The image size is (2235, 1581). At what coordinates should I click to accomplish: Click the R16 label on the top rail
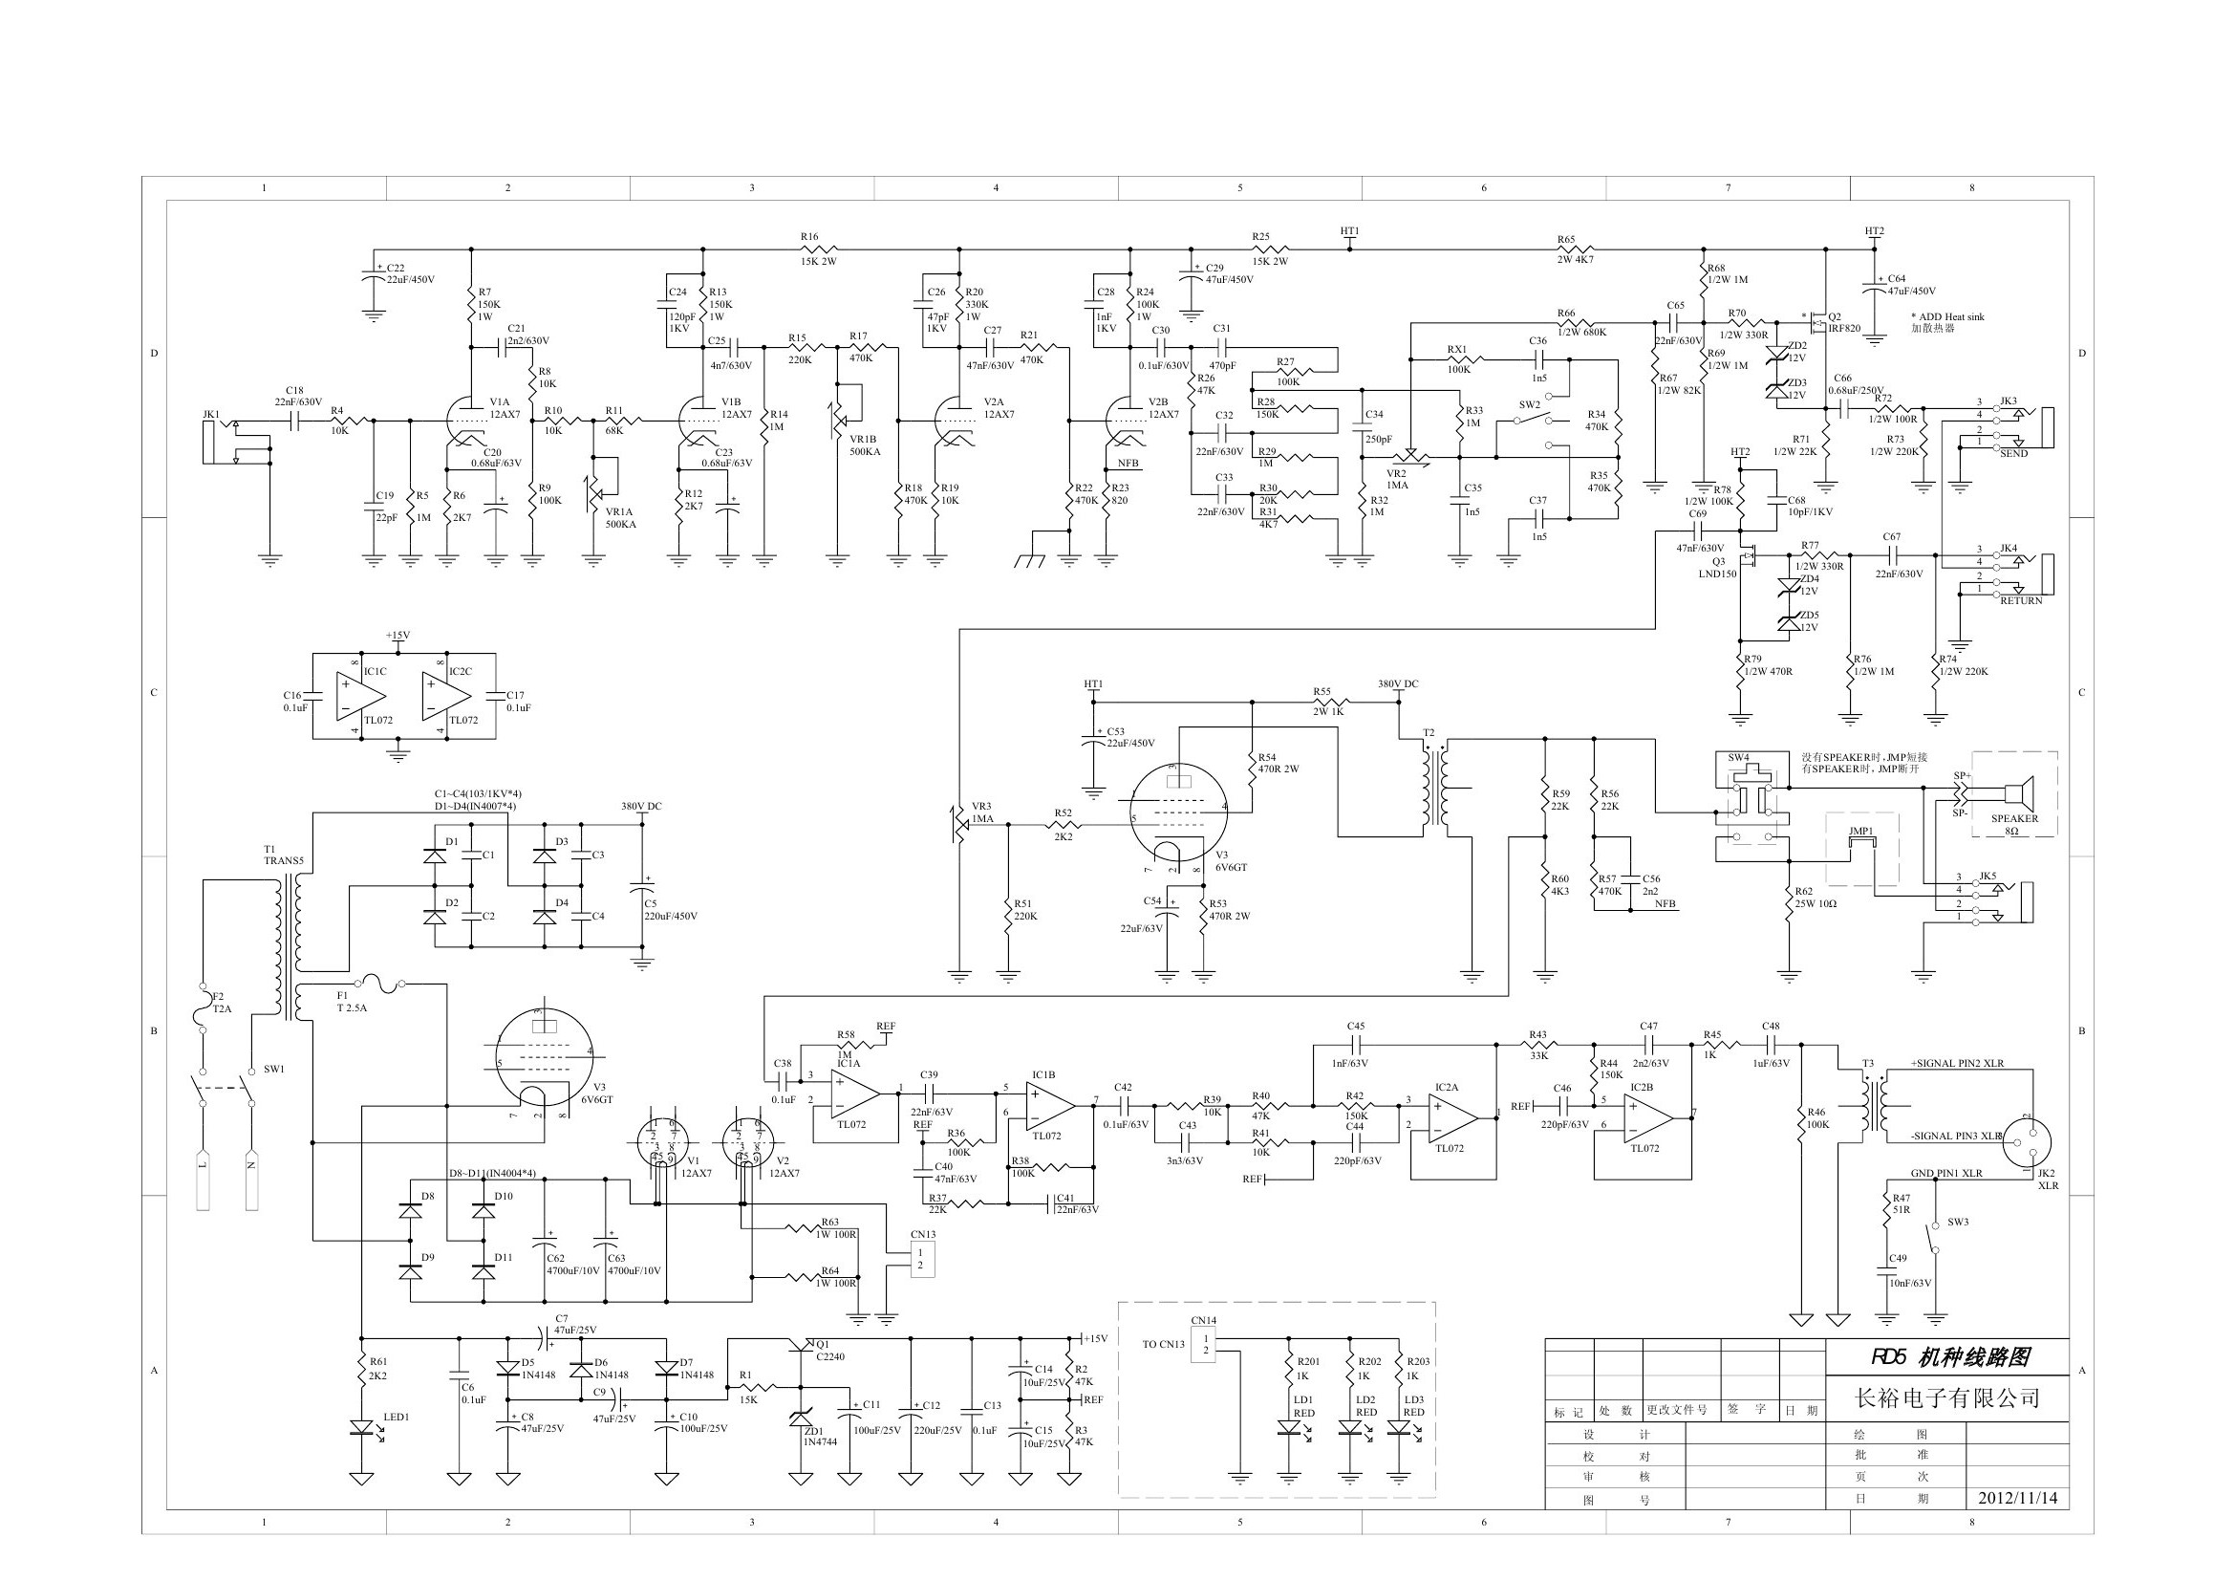tap(810, 236)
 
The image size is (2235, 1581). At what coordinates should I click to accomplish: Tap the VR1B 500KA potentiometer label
tap(864, 444)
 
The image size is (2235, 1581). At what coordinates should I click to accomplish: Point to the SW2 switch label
tap(1529, 404)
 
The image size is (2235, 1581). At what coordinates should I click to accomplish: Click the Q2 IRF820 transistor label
tap(1843, 322)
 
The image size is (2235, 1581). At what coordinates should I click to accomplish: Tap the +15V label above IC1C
tap(398, 636)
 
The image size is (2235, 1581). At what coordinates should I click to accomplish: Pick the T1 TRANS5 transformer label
tap(283, 855)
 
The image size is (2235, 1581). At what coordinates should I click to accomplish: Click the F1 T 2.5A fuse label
tap(352, 1002)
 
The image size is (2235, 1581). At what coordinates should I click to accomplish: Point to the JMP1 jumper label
tap(1861, 832)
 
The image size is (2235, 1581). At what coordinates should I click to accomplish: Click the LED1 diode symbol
tap(361, 1428)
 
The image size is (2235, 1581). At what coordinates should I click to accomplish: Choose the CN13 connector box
tap(921, 1259)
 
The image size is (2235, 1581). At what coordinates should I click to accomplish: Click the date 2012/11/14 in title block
tap(2017, 1498)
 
